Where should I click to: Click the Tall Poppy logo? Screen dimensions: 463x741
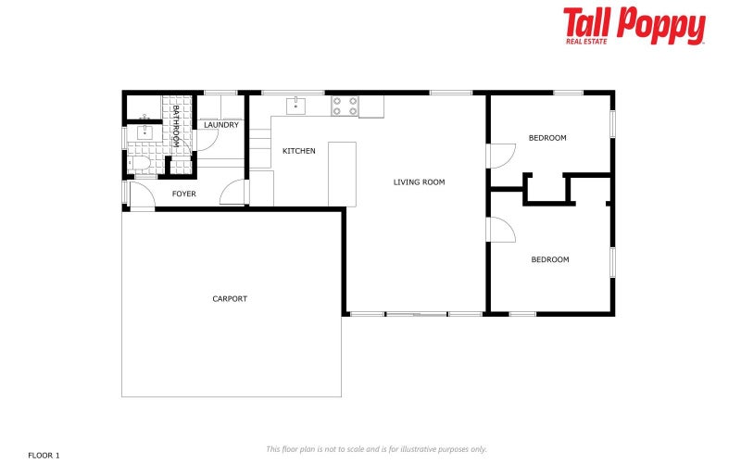pyautogui.click(x=634, y=26)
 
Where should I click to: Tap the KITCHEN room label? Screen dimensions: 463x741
pyautogui.click(x=299, y=151)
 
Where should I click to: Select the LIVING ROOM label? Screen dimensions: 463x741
pyautogui.click(x=419, y=182)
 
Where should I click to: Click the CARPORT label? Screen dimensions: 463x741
pyautogui.click(x=230, y=299)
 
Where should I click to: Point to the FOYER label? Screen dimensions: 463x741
pyautogui.click(x=184, y=194)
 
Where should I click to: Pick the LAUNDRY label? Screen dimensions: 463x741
pyautogui.click(x=221, y=125)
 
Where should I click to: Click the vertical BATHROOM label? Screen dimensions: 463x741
pyautogui.click(x=175, y=126)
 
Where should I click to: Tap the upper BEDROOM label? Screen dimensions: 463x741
pyautogui.click(x=547, y=138)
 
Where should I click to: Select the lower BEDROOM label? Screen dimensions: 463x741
pyautogui.click(x=549, y=260)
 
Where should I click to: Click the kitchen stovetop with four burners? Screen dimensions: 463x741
pyautogui.click(x=345, y=106)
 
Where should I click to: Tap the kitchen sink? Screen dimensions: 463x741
pyautogui.click(x=295, y=105)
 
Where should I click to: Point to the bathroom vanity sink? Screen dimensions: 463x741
pyautogui.click(x=144, y=132)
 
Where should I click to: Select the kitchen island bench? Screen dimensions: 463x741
pyautogui.click(x=342, y=173)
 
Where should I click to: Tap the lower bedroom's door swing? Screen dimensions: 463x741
pyautogui.click(x=501, y=230)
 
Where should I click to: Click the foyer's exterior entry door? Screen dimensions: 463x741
pyautogui.click(x=139, y=195)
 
